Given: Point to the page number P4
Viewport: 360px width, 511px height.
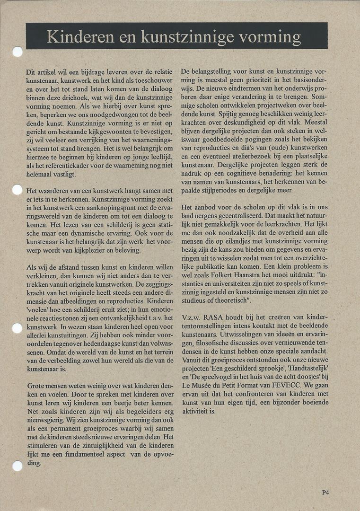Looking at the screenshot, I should coord(325,493).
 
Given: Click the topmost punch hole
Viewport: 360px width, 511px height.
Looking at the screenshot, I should coord(18,52).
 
